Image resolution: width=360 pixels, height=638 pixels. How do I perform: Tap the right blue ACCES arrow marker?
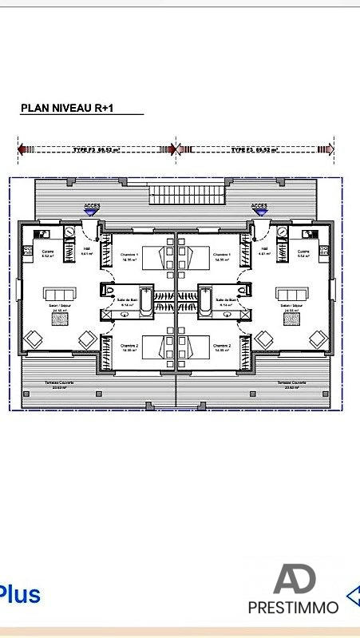[259, 208]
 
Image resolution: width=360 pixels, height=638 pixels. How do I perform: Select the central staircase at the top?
[176, 193]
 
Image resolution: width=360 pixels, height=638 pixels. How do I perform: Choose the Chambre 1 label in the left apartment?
[129, 255]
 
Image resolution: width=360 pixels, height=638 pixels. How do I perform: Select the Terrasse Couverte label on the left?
[59, 383]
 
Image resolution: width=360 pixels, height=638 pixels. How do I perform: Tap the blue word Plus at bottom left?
[20, 595]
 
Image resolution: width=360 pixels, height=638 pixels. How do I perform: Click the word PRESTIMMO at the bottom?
[293, 607]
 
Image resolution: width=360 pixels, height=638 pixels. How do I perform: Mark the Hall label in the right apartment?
[264, 248]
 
